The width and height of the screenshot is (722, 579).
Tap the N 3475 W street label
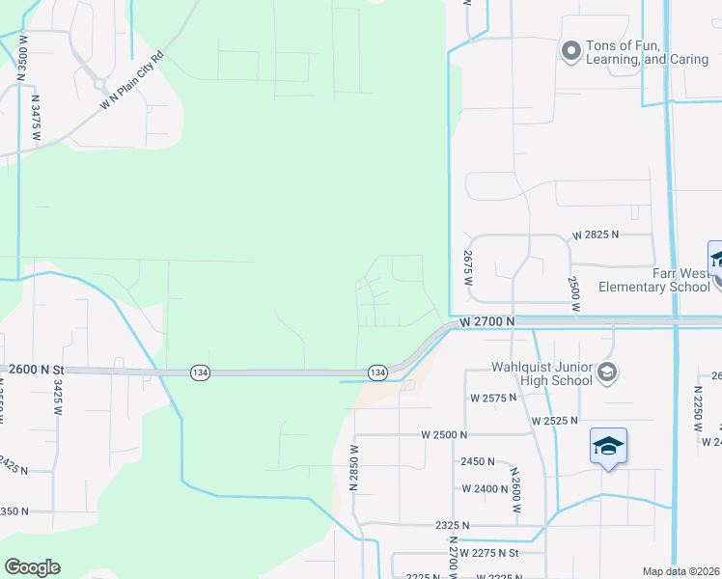(x=36, y=112)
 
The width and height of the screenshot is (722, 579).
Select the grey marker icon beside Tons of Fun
(x=570, y=49)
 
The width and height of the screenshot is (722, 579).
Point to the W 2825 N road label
(x=596, y=234)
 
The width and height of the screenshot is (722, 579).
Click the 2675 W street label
(x=468, y=261)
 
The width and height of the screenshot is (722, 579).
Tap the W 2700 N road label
(x=488, y=319)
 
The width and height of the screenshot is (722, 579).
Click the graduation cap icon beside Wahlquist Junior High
(x=607, y=372)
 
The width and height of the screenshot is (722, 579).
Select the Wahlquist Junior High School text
(x=541, y=373)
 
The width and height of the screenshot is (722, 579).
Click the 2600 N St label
(x=36, y=370)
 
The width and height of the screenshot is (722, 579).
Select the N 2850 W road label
(x=354, y=468)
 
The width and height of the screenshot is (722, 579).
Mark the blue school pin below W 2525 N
(x=608, y=447)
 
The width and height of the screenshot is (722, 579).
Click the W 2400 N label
(x=485, y=488)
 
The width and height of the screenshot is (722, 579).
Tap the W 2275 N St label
(x=489, y=553)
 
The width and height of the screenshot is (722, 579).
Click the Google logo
(x=32, y=567)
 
